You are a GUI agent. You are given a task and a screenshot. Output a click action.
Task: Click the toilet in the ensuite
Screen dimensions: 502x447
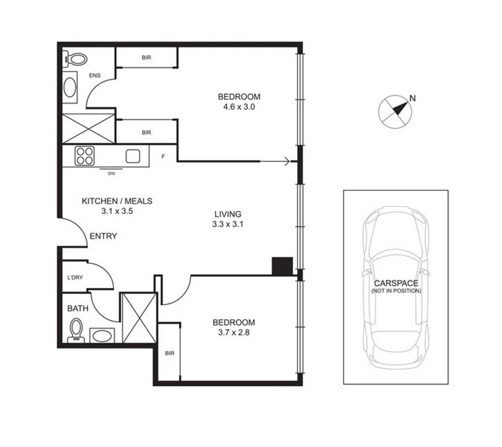pyautogui.click(x=75, y=59)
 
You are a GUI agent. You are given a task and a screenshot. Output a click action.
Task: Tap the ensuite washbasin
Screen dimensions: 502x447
pyautogui.click(x=70, y=87)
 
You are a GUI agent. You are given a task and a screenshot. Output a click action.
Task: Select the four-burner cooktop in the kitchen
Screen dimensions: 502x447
pyautogui.click(x=85, y=156)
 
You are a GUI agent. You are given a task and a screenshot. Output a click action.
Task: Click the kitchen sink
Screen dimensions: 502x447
pyautogui.click(x=133, y=156)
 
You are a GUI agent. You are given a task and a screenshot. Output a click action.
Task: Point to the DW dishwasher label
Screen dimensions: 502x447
pyautogui.click(x=111, y=174)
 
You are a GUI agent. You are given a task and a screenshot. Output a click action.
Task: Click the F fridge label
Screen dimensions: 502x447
pyautogui.click(x=163, y=156)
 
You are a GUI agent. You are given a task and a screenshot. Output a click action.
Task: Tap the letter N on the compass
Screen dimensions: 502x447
pyautogui.click(x=412, y=99)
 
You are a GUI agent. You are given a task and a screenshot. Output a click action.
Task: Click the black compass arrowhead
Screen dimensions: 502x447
pyautogui.click(x=400, y=108)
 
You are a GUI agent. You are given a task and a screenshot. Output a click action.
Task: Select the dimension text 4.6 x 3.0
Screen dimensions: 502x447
pyautogui.click(x=239, y=107)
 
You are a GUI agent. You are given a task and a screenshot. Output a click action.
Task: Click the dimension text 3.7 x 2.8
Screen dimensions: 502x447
pyautogui.click(x=234, y=332)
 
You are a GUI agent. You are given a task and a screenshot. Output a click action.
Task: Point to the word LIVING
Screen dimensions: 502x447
pyautogui.click(x=228, y=214)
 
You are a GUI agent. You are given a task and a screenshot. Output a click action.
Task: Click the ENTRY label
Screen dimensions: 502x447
pyautogui.click(x=103, y=236)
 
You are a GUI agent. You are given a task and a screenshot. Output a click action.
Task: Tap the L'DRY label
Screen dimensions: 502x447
pyautogui.click(x=75, y=278)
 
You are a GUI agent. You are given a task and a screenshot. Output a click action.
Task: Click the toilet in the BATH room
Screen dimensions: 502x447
pyautogui.click(x=76, y=330)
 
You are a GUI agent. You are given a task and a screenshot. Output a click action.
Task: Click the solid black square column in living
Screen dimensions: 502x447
pyautogui.click(x=283, y=267)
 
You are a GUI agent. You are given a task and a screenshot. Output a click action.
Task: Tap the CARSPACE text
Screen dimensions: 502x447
pyautogui.click(x=396, y=283)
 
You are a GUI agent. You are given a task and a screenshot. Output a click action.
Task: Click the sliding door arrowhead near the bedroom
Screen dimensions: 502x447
pyautogui.click(x=287, y=162)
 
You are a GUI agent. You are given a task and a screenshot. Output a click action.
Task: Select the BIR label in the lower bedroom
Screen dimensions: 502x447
pyautogui.click(x=169, y=353)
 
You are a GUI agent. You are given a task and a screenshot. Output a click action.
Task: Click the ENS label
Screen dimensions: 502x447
pyautogui.click(x=94, y=76)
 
